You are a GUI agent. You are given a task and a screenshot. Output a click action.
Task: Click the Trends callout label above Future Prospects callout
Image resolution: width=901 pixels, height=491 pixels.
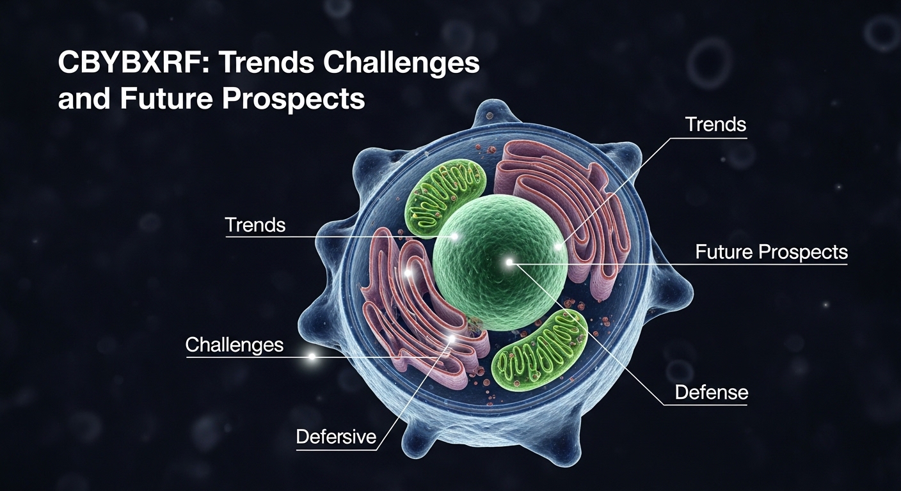pyautogui.click(x=715, y=124)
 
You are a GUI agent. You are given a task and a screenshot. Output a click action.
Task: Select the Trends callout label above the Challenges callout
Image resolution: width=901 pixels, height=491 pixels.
pyautogui.click(x=255, y=225)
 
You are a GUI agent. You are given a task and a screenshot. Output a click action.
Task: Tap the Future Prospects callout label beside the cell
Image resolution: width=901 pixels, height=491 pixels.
pyautogui.click(x=771, y=252)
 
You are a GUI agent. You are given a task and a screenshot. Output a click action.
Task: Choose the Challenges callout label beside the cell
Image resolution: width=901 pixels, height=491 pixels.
pyautogui.click(x=234, y=345)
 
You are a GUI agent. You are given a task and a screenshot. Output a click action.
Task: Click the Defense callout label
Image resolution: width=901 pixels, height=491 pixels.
pyautogui.click(x=712, y=392)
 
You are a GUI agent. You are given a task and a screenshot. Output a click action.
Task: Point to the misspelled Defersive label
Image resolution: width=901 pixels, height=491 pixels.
pyautogui.click(x=335, y=437)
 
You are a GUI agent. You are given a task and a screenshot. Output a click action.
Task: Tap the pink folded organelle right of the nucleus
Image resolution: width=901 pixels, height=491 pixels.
pyautogui.click(x=563, y=205)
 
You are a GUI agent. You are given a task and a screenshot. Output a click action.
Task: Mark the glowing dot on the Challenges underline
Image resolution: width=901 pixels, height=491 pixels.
pyautogui.click(x=312, y=357)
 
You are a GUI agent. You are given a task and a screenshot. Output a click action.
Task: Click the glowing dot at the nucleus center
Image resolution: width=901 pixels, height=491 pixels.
pyautogui.click(x=509, y=262)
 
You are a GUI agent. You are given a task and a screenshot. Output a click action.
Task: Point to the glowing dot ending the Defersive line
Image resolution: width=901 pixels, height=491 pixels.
pyautogui.click(x=452, y=338)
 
